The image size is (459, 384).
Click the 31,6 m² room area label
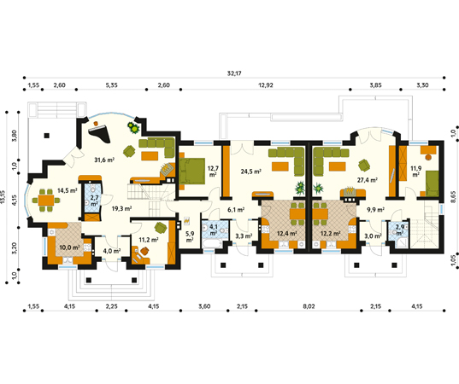(104, 159)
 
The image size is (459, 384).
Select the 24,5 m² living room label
(250, 172)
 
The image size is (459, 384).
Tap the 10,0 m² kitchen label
(68, 248)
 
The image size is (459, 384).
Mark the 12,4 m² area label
(286, 233)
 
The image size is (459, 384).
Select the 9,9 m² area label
(375, 209)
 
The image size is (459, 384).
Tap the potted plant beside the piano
(133, 128)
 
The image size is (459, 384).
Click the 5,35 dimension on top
(111, 86)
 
